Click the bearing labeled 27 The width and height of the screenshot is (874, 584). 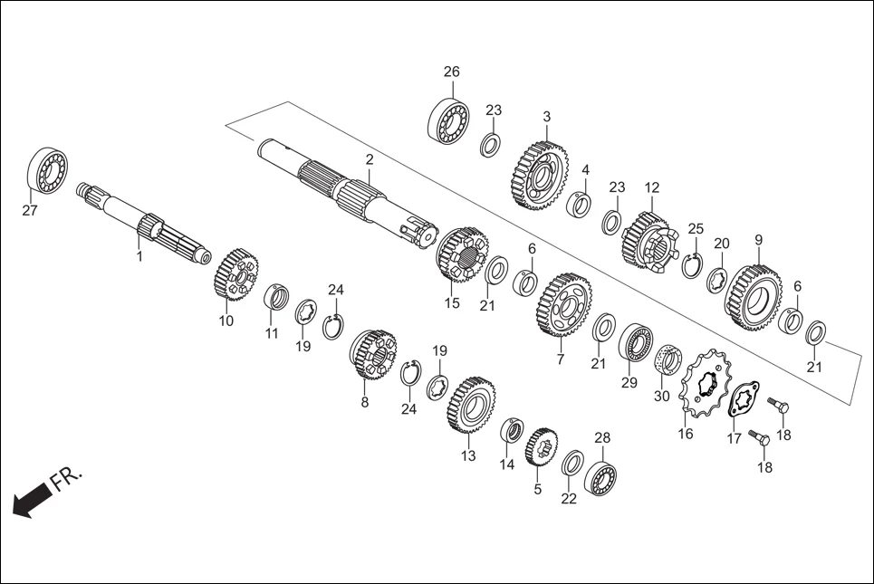[48, 168]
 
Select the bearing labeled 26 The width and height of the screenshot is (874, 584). [448, 120]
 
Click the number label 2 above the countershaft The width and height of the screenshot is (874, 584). [370, 159]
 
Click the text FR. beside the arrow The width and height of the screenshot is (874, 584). [67, 478]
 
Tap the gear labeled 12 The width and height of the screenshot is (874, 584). [647, 240]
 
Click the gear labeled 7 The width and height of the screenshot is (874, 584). [564, 304]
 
